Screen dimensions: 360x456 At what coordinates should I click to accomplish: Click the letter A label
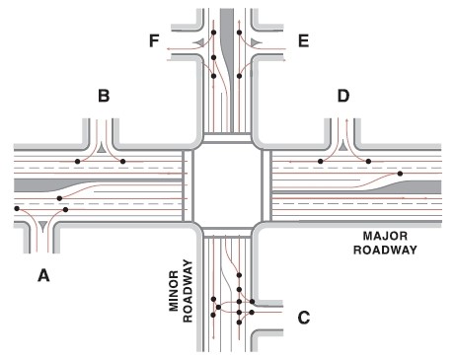click(x=42, y=277)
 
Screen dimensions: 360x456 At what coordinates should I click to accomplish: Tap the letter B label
click(x=104, y=97)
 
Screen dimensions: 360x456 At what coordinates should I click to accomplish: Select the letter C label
click(x=304, y=317)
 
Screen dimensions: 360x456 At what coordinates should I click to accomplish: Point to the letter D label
click(x=343, y=97)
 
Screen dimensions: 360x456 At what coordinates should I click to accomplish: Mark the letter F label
click(x=154, y=41)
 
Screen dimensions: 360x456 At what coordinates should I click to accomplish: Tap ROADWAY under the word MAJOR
click(x=390, y=251)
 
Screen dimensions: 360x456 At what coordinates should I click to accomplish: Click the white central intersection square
click(x=228, y=183)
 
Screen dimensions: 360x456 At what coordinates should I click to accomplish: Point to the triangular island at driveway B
click(x=104, y=149)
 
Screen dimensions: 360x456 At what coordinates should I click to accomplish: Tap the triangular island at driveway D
click(x=343, y=149)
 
